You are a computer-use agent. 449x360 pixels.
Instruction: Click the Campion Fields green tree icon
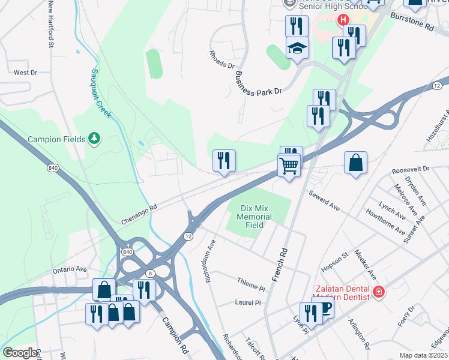[94, 139]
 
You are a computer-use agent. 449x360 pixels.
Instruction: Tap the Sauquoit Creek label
[101, 93]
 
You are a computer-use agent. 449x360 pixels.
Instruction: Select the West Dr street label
[25, 73]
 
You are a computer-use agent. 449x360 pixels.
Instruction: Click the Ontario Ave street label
[71, 269]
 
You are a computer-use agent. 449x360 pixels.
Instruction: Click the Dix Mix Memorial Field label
[255, 217]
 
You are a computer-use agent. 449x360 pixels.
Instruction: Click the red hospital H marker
[344, 20]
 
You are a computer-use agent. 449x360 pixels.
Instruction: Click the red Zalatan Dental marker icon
[378, 292]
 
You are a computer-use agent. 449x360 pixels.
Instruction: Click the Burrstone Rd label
[412, 23]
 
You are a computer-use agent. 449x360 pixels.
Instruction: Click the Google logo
[20, 353]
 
